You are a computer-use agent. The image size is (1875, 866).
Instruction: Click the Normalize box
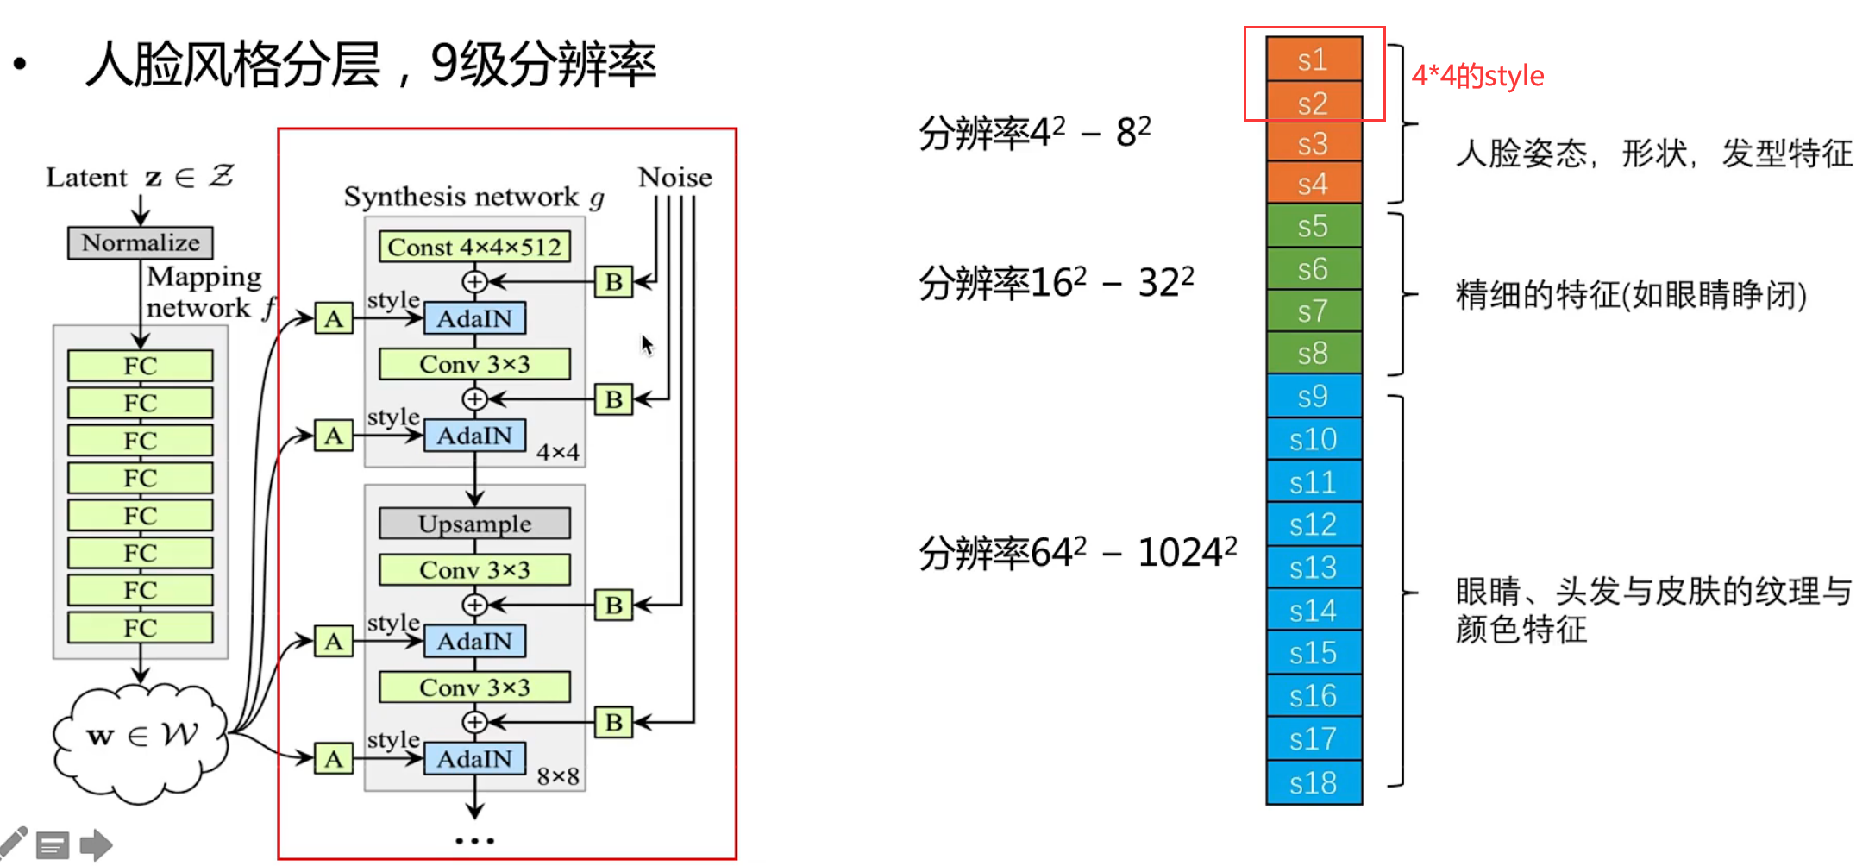tap(141, 242)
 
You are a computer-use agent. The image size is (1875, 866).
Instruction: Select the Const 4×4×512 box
tap(474, 247)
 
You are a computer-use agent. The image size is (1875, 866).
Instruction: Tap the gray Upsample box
tap(474, 524)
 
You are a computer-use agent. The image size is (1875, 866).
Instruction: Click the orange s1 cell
tap(1314, 60)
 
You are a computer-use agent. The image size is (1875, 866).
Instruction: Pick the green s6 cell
tap(1314, 269)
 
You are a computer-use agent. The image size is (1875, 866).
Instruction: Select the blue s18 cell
tap(1314, 782)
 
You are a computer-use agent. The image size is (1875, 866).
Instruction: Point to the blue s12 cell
tap(1314, 524)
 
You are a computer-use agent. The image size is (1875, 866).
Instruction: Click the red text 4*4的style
tap(1477, 76)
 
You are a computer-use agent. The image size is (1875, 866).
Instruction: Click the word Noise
tap(674, 177)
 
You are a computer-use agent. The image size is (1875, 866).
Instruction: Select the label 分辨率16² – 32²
tap(1056, 282)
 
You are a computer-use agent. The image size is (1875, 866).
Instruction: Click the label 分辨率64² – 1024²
tap(1077, 552)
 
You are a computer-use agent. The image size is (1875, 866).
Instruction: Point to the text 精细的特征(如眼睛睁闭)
tap(1630, 295)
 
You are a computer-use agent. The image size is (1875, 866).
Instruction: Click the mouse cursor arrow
tap(647, 345)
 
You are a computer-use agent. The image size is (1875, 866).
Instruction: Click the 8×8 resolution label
tap(558, 775)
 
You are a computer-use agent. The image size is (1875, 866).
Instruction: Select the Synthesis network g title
tap(473, 197)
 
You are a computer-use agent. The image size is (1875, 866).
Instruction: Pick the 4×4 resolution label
tap(558, 451)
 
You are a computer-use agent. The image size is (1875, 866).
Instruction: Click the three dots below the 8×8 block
tap(474, 840)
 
